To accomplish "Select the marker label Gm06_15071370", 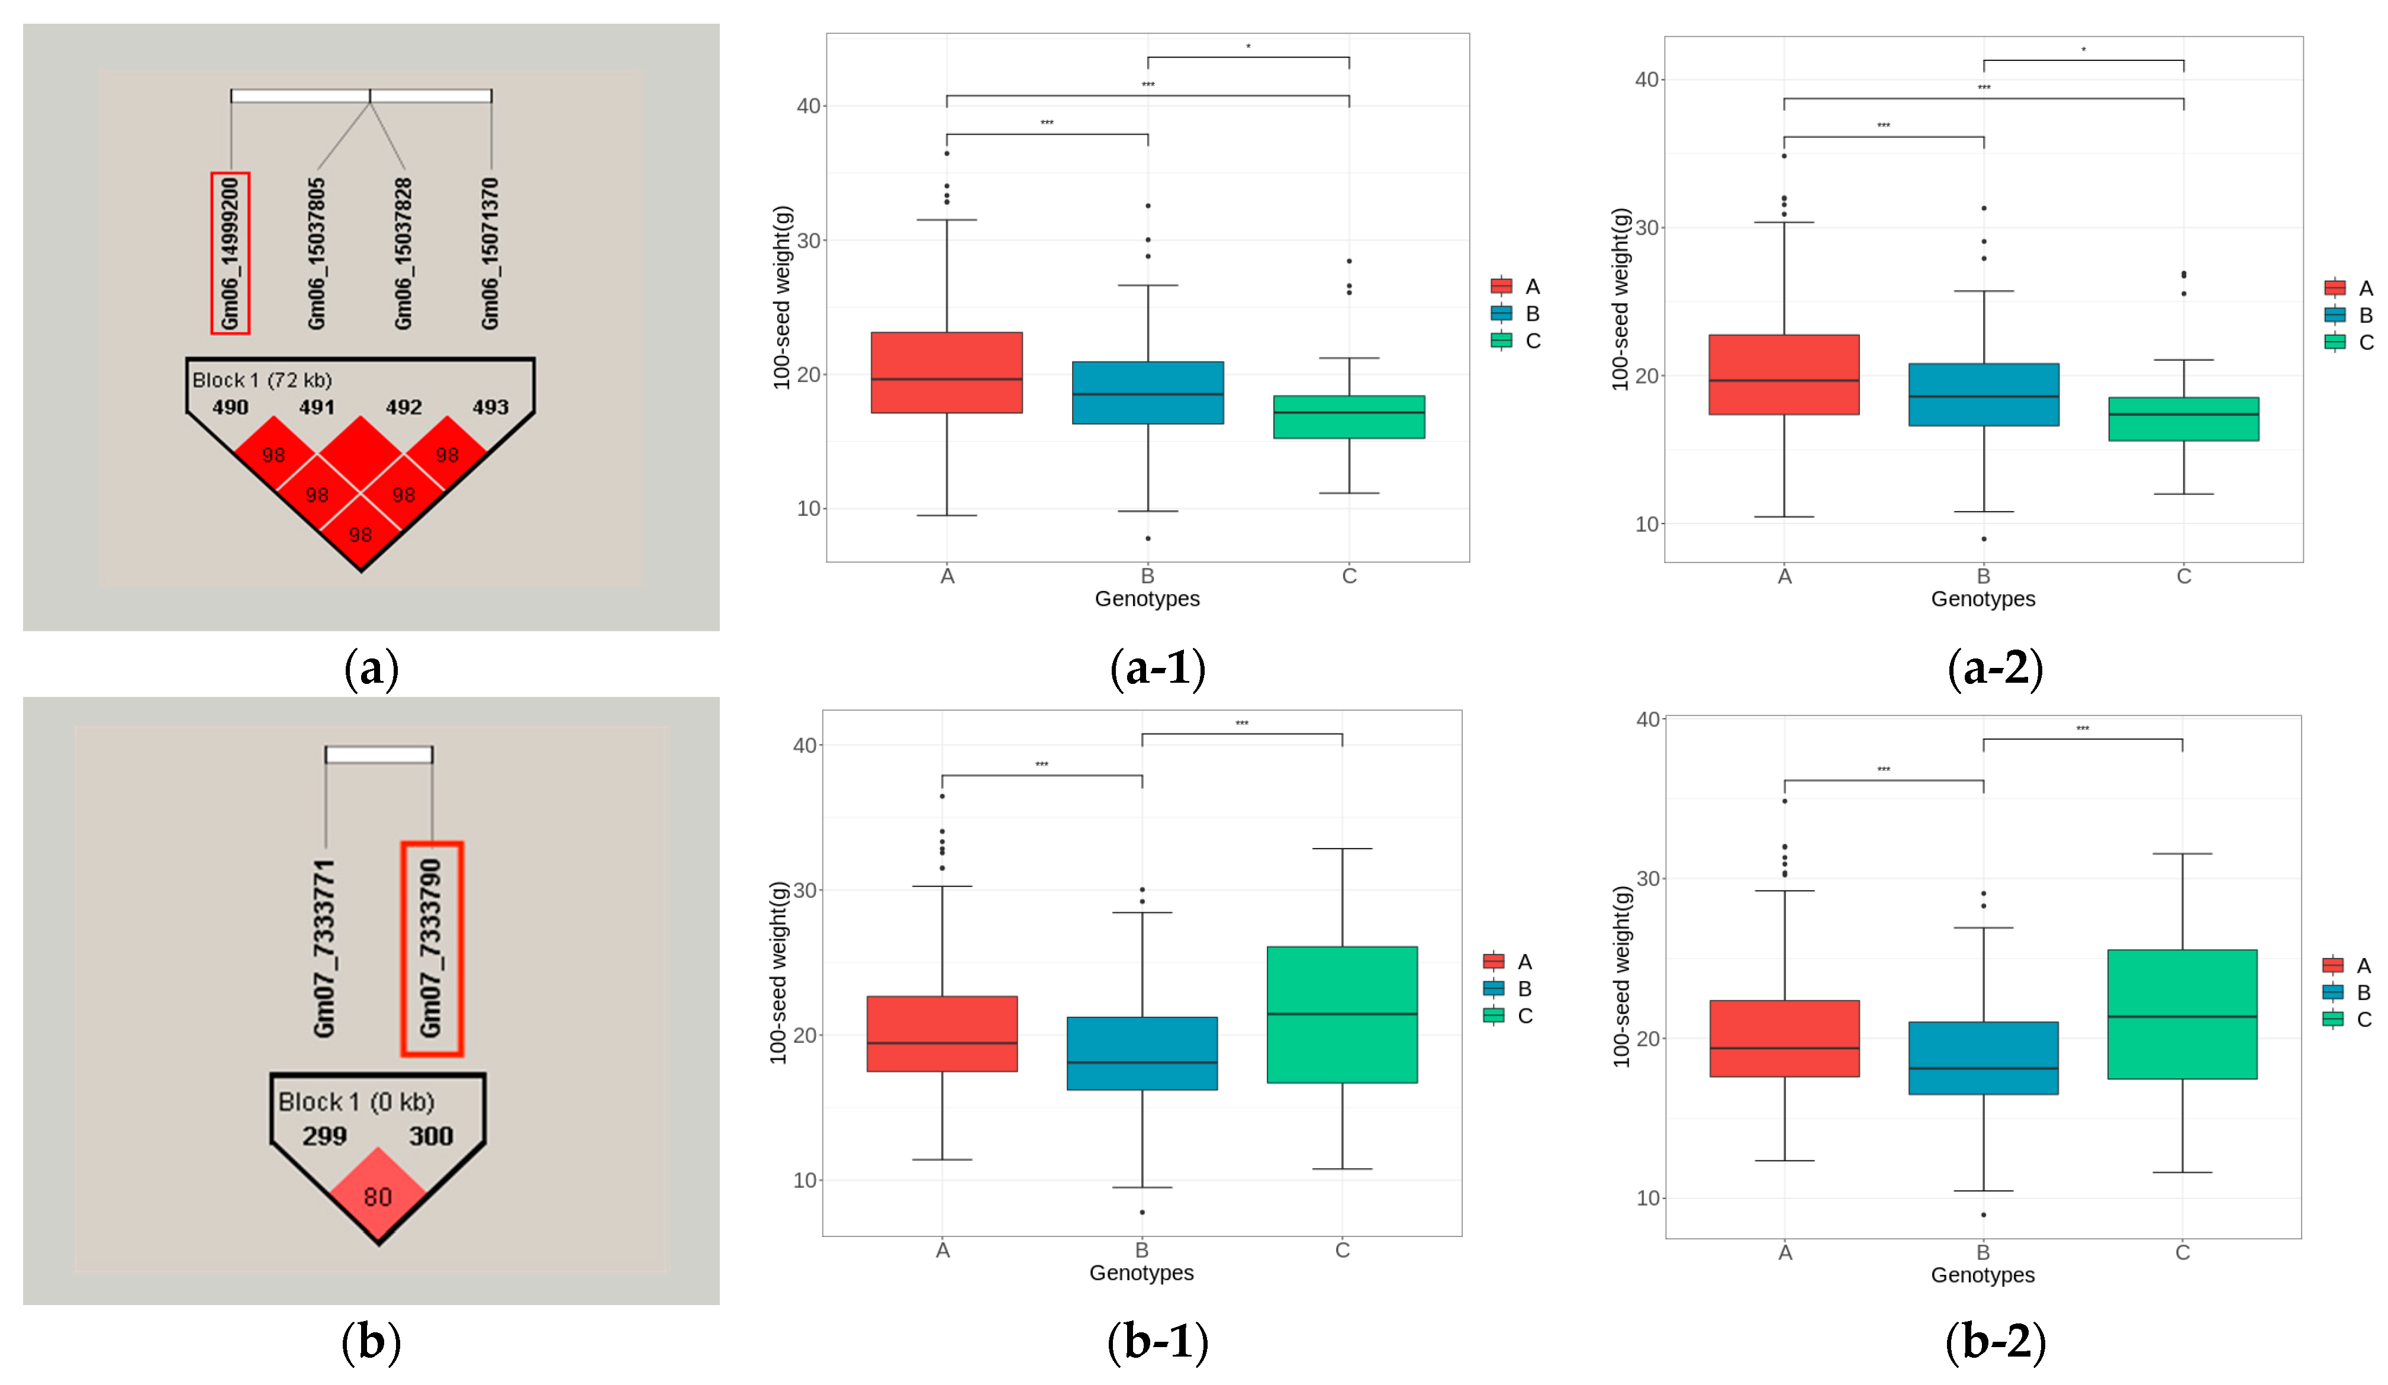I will tap(490, 253).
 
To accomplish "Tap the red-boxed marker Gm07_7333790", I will tap(431, 948).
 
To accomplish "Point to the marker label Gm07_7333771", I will tap(325, 948).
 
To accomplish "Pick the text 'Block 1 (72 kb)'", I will tap(262, 380).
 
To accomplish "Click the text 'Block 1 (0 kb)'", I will tap(356, 1101).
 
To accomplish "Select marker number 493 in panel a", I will tap(490, 407).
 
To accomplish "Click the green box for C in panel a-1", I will tap(1349, 417).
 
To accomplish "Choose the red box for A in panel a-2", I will tap(1784, 374).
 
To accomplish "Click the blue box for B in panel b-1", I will tap(1142, 1053).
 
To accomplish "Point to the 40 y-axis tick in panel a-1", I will tap(808, 106).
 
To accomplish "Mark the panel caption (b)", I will tap(371, 1341).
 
